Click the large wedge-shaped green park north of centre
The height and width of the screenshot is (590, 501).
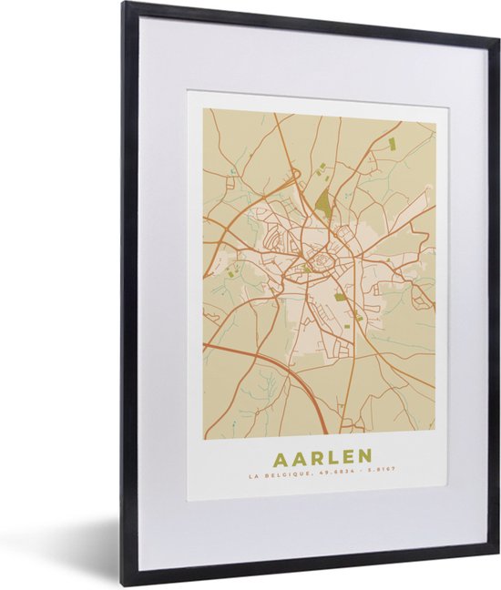pos(324,203)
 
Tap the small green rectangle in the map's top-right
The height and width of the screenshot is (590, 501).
pos(393,144)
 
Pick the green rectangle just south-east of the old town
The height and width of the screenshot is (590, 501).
pos(341,297)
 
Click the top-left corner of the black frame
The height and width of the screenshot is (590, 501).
pos(126,5)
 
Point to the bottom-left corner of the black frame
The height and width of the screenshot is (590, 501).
pos(126,582)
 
